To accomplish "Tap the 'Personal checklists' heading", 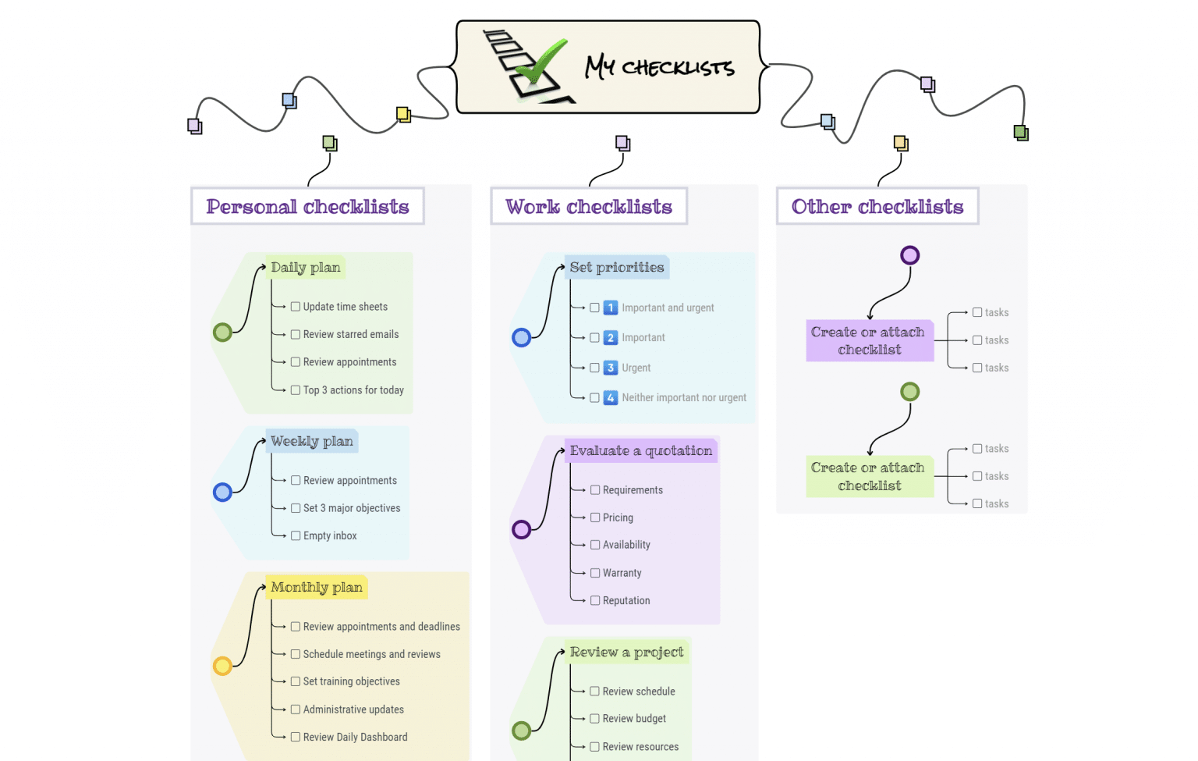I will point(307,207).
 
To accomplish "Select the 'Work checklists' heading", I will point(588,207).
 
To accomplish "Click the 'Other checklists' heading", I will point(877,207).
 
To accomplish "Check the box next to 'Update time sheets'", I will point(296,307).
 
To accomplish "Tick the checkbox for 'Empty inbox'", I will point(296,535).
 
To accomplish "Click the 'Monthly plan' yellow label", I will point(317,587).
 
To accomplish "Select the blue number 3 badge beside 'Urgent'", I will point(611,368).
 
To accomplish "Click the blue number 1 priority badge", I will point(611,308).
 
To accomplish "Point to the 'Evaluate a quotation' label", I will point(640,450).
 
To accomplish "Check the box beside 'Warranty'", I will point(595,573).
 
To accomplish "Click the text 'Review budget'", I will point(634,719).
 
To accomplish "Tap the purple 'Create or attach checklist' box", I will point(869,341).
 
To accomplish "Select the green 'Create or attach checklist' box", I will point(869,477).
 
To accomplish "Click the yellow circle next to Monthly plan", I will point(222,666).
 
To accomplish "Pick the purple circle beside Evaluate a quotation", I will point(521,530).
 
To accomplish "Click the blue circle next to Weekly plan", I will point(222,493).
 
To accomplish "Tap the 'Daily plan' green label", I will point(306,267).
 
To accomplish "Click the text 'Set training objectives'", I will point(351,681).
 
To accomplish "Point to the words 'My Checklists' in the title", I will point(660,67).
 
